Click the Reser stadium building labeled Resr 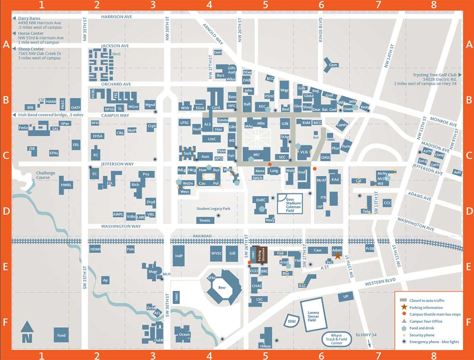pyautogui.click(x=222, y=288)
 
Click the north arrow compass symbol pyautogui.click(x=27, y=332)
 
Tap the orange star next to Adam pyautogui.click(x=338, y=256)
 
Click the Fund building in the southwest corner pyautogui.click(x=61, y=335)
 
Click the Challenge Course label pyautogui.click(x=46, y=175)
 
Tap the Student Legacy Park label pyautogui.click(x=213, y=209)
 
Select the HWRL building pyautogui.click(x=66, y=185)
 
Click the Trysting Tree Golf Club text pyautogui.click(x=434, y=75)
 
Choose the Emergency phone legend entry pyautogui.click(x=434, y=342)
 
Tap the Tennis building pyautogui.click(x=205, y=221)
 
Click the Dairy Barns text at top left pyautogui.click(x=29, y=19)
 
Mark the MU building pyautogui.click(x=256, y=154)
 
